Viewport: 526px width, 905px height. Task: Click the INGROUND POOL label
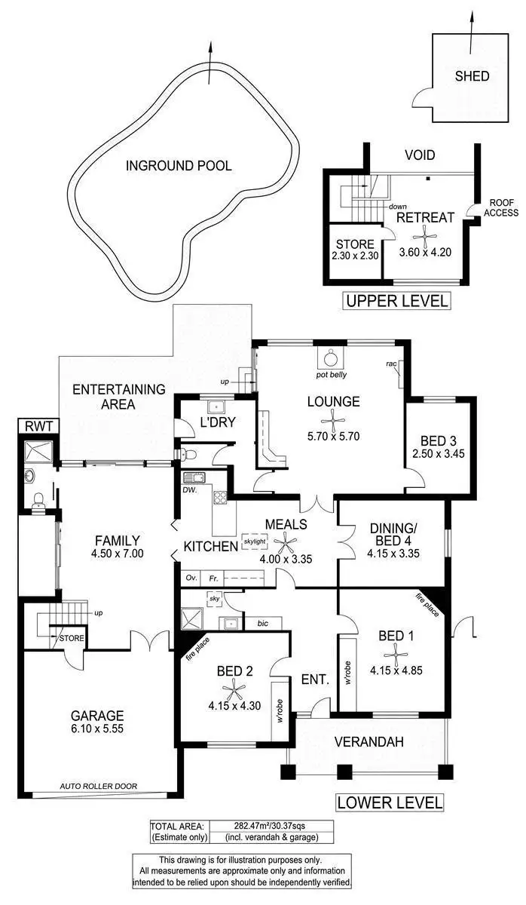(179, 166)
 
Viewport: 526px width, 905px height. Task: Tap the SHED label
(472, 76)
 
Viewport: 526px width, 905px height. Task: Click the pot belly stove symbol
(330, 357)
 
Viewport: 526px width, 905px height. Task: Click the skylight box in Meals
(254, 541)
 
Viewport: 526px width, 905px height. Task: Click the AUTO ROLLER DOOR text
(99, 786)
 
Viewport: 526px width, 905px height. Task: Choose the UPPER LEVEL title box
(396, 301)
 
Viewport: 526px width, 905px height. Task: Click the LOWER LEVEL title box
(390, 802)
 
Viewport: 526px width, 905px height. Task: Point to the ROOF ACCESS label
(501, 207)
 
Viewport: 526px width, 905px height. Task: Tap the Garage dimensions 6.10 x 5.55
(96, 730)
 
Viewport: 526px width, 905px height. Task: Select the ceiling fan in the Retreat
(426, 236)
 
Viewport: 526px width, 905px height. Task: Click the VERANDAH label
(369, 741)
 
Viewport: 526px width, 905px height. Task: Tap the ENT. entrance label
(314, 680)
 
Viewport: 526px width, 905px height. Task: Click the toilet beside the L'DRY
(185, 454)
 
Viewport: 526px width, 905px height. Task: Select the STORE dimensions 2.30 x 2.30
(355, 256)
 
